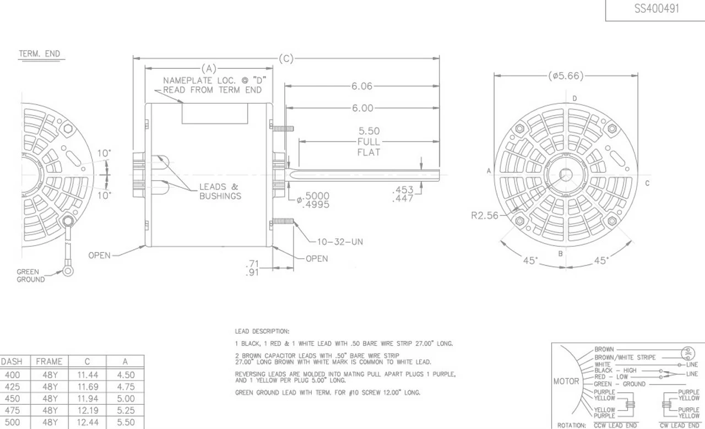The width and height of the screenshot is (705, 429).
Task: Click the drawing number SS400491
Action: point(657,8)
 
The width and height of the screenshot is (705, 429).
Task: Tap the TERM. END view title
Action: point(39,54)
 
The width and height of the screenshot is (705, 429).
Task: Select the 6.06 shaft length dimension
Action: point(362,86)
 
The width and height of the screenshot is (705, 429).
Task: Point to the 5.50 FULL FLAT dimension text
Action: point(369,142)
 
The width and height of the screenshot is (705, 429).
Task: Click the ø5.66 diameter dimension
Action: point(566,76)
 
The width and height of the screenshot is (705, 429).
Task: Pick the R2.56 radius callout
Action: point(485,216)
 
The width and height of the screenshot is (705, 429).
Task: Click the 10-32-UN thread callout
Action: point(340,242)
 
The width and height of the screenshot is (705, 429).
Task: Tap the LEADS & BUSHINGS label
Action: point(220,191)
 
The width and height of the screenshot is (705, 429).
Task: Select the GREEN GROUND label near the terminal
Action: point(30,276)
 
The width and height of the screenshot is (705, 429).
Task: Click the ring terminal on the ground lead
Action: point(68,270)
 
